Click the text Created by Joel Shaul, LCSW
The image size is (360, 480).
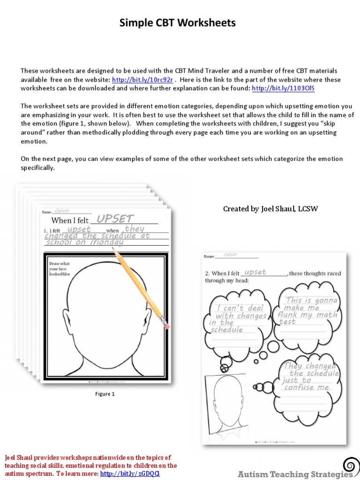pos(270,209)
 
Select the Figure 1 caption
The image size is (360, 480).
pos(105,394)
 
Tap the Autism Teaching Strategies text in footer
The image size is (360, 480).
pos(294,474)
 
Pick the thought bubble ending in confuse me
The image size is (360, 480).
pos(310,377)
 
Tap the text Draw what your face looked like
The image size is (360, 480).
pos(60,269)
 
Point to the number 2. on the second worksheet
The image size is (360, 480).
pos(207,273)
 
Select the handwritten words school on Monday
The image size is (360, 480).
pos(84,243)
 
